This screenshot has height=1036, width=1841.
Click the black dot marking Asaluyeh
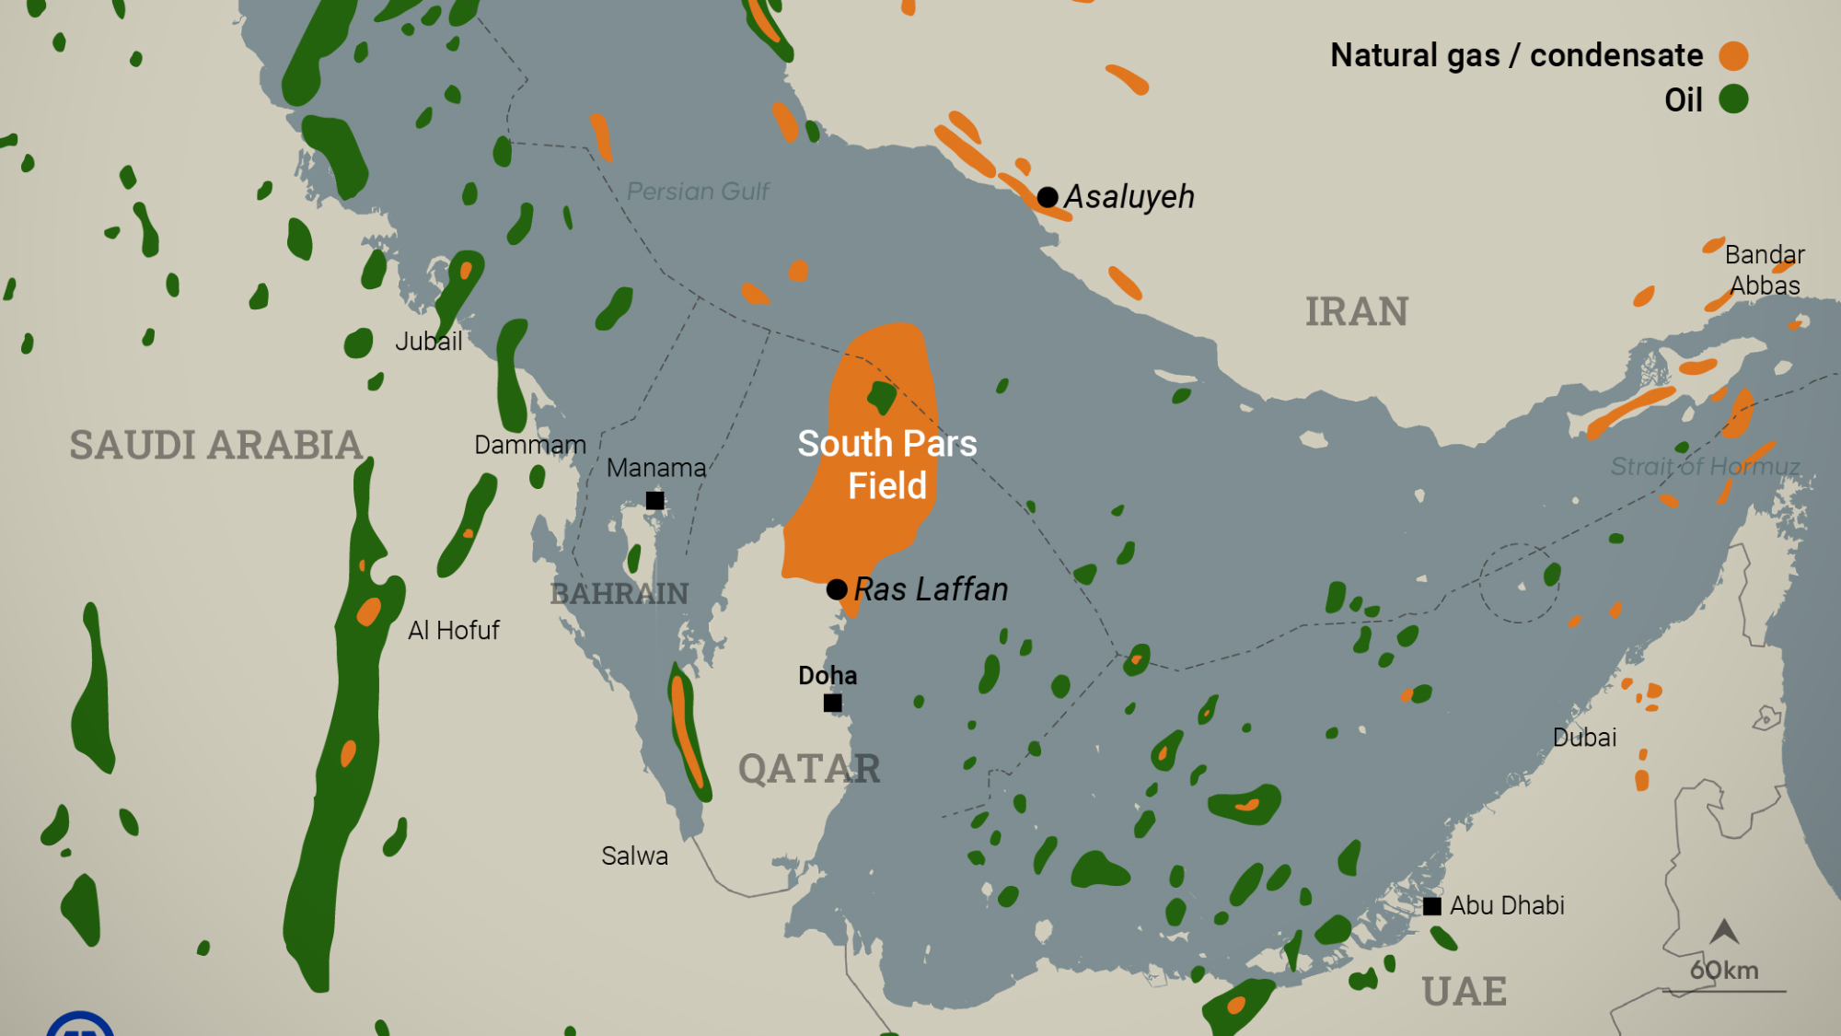(x=1048, y=197)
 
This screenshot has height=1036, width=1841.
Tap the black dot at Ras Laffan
(x=837, y=589)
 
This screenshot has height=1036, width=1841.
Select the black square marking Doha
(x=832, y=703)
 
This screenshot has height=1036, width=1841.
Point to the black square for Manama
(x=654, y=500)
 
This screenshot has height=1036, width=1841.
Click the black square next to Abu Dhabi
(x=1432, y=906)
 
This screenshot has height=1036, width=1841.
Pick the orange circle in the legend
(x=1733, y=56)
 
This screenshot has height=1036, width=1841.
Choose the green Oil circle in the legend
(x=1733, y=99)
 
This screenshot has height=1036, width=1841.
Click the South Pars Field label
(x=886, y=465)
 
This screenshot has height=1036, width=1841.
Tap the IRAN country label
(x=1357, y=312)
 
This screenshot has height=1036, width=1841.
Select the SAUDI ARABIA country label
(x=216, y=446)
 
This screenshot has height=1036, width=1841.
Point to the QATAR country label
(x=809, y=769)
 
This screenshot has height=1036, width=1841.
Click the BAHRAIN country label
(x=619, y=594)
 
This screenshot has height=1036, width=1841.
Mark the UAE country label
(x=1464, y=993)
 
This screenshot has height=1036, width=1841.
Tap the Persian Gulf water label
(x=698, y=192)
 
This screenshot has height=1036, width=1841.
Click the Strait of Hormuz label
(x=1705, y=467)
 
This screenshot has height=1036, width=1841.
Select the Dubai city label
(x=1584, y=738)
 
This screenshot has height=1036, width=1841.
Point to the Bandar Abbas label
(x=1764, y=270)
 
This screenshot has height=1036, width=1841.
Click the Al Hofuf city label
(x=454, y=631)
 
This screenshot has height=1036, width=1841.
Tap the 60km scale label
(x=1724, y=971)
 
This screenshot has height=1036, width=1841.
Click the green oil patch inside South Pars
(x=882, y=397)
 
